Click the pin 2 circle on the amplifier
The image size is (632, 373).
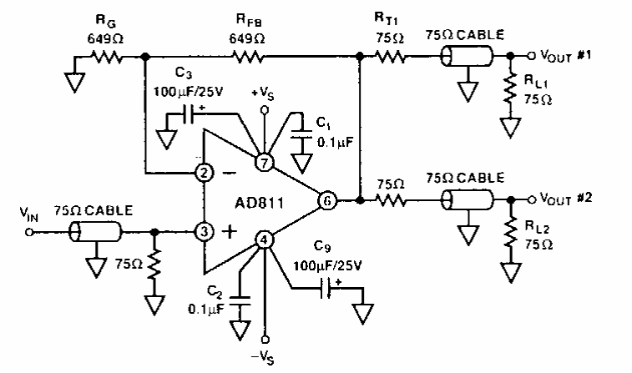coord(203,174)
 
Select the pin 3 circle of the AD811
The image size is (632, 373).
coord(203,231)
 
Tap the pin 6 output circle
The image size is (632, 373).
coord(328,200)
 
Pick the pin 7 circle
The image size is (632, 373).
coord(265,163)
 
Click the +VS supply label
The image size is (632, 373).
coord(265,93)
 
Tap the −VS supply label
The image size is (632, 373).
coord(265,359)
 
